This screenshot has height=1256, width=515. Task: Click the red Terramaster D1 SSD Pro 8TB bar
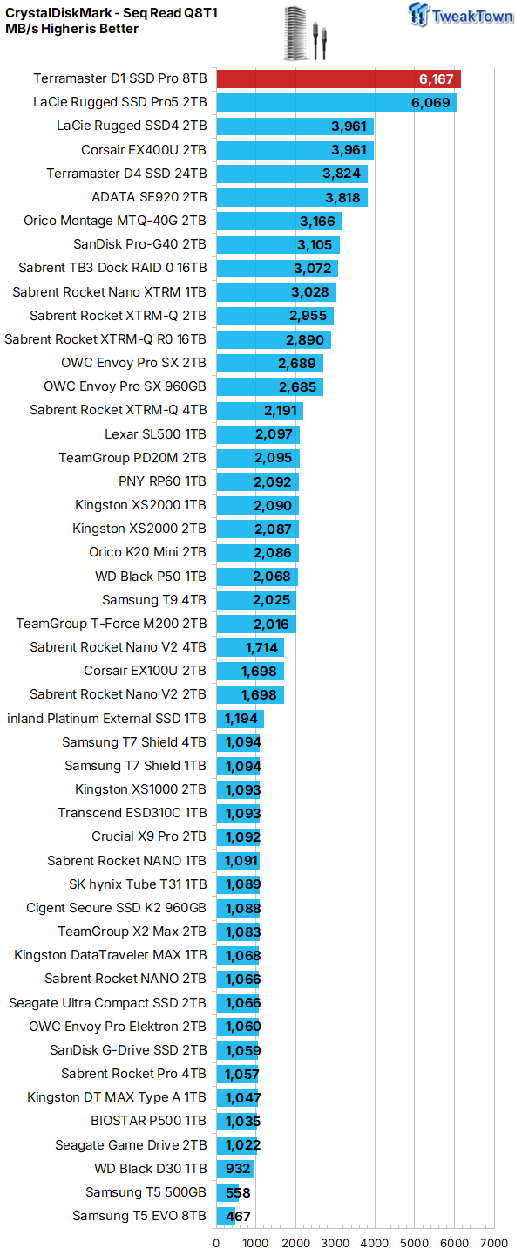338,79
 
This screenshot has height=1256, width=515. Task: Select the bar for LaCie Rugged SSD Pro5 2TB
336,103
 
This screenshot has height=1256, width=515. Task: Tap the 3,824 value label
342,174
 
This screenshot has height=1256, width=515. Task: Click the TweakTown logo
460,15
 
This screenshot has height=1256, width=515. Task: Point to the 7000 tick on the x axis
494,1243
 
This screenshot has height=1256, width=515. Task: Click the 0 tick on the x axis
216,1243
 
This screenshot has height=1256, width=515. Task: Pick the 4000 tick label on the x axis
375,1243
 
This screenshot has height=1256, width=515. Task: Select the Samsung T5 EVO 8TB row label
139,1216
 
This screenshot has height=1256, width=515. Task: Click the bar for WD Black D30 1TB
234,1169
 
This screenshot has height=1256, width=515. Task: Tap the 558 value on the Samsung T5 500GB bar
238,1192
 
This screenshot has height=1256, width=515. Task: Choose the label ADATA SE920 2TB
149,197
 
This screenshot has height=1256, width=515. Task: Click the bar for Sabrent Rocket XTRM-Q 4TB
260,411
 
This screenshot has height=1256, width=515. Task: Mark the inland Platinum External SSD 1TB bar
240,719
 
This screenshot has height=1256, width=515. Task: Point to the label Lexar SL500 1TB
155,434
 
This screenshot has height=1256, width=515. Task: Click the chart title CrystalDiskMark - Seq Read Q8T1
112,13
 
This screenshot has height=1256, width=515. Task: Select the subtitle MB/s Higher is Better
71,29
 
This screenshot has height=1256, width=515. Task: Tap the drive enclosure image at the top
305,32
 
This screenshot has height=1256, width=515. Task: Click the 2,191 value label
281,411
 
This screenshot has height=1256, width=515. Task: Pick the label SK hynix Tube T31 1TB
138,884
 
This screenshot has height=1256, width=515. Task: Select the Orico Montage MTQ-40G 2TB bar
279,221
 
